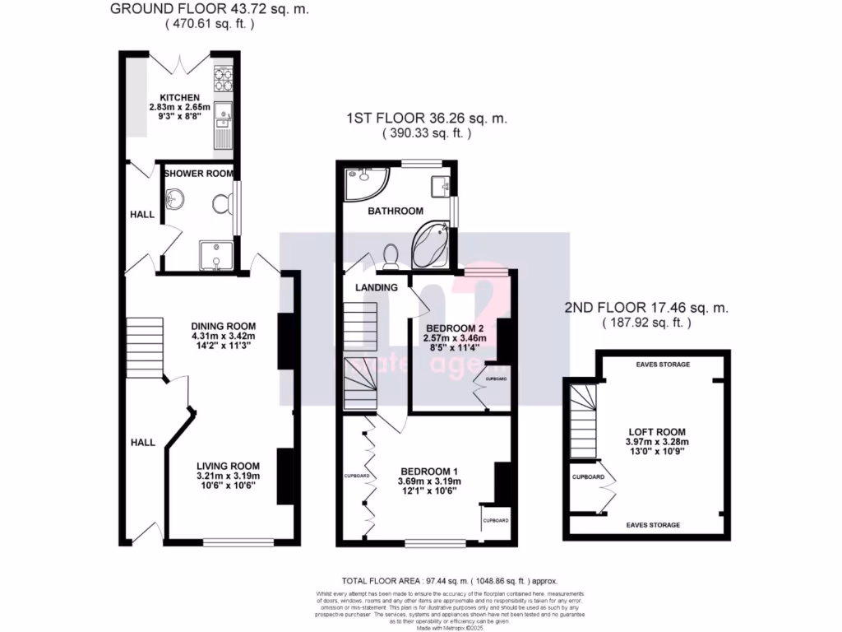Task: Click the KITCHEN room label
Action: pyautogui.click(x=180, y=96)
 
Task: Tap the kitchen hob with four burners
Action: pyautogui.click(x=224, y=78)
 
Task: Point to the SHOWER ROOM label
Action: pyautogui.click(x=198, y=174)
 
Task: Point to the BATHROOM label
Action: pyautogui.click(x=395, y=211)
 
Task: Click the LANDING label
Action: pyautogui.click(x=377, y=288)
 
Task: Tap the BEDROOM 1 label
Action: pyautogui.click(x=430, y=470)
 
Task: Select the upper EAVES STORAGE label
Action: pyautogui.click(x=663, y=364)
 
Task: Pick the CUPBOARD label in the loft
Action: pyautogui.click(x=588, y=477)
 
